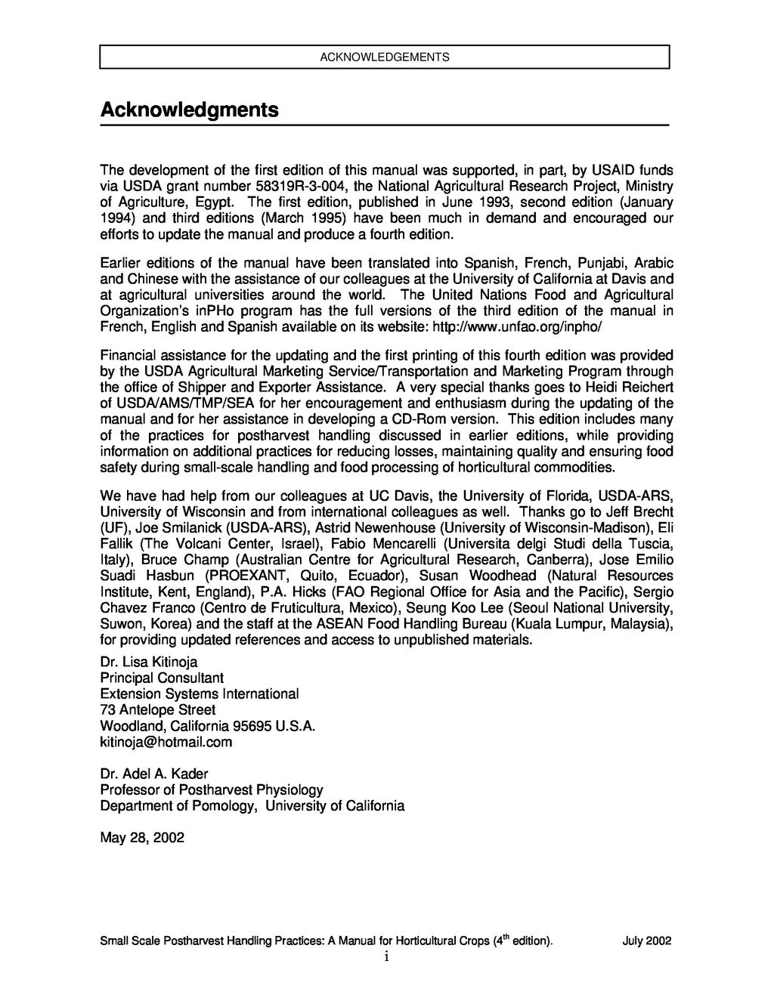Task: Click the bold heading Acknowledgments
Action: (x=189, y=110)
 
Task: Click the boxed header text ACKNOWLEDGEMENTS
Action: (x=385, y=57)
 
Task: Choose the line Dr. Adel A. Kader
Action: (x=153, y=774)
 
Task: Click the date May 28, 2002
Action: (x=142, y=838)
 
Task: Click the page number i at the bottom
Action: (x=385, y=958)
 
